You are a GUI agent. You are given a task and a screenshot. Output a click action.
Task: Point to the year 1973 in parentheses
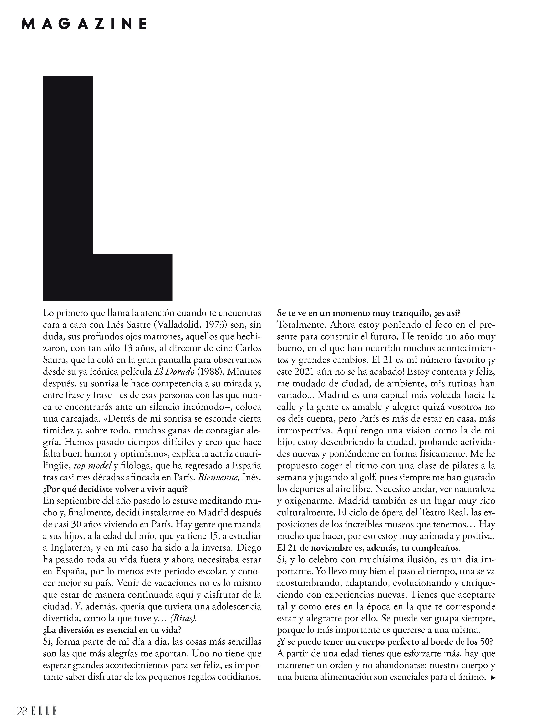coord(218,325)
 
